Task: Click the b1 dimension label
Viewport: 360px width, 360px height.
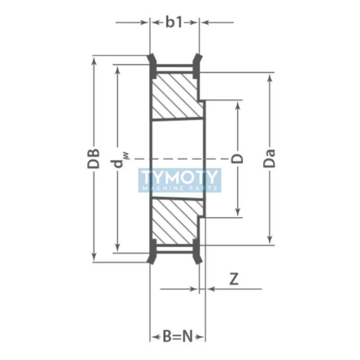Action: (174, 22)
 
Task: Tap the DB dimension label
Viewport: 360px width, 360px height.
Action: (94, 158)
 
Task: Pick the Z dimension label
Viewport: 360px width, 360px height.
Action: (234, 279)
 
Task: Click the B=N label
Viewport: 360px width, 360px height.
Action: (177, 336)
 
